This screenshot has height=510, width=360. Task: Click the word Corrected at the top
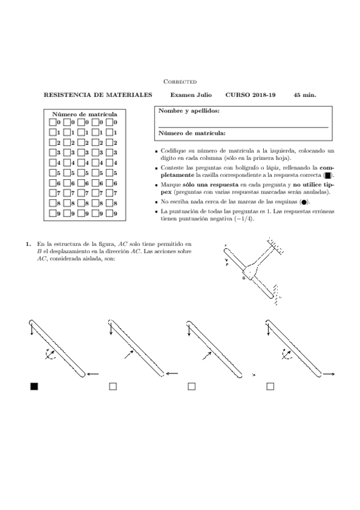(180, 81)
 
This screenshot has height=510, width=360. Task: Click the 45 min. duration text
(305, 95)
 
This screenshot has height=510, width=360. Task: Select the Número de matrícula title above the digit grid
(85, 114)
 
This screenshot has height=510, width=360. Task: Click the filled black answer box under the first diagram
(34, 387)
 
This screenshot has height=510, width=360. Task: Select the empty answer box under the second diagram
(113, 387)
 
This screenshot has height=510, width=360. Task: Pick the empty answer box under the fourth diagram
(270, 387)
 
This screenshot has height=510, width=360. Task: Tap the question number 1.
(28, 244)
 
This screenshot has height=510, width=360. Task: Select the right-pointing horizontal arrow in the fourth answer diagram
(328, 374)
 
